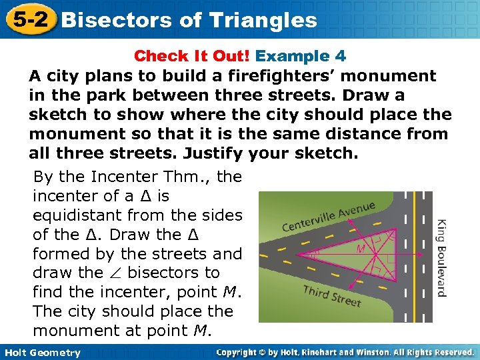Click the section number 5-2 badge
coord(29,19)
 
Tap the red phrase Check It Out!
coord(193,56)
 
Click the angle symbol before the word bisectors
coord(114,273)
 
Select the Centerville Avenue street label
coord(329,217)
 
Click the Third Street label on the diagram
coord(331,295)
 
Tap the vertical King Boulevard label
coord(441,257)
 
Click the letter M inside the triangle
coord(361,249)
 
